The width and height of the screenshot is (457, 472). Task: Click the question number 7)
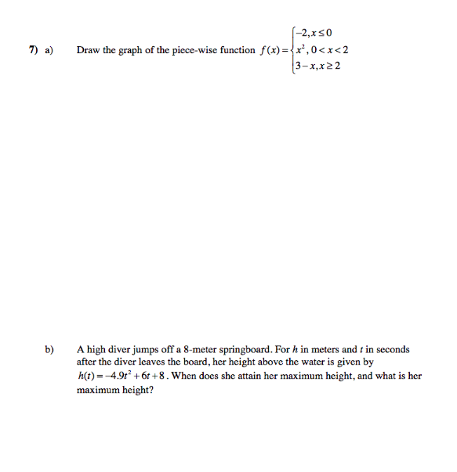pos(34,50)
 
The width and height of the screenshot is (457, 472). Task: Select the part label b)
pos(49,350)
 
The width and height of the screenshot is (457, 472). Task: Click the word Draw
pos(87,50)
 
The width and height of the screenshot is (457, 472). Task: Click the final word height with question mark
pos(136,389)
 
